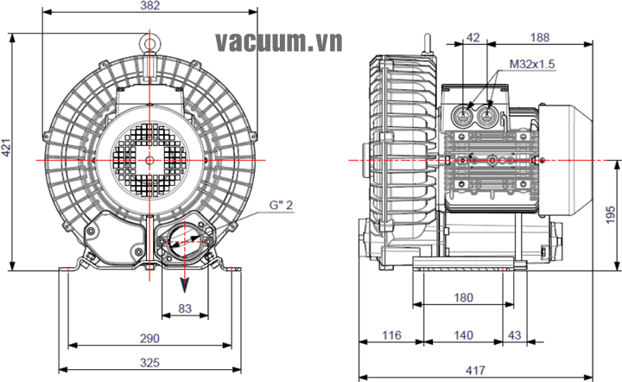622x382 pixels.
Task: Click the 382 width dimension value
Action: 150,7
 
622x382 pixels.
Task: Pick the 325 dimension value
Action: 150,363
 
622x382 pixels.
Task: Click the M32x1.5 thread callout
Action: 532,64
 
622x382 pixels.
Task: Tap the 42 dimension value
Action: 473,37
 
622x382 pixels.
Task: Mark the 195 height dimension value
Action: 610,213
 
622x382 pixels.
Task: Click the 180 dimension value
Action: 463,298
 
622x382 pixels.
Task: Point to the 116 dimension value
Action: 391,334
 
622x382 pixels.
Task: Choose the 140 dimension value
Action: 463,334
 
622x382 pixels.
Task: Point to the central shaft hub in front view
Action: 150,160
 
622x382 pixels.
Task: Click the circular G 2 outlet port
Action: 184,239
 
